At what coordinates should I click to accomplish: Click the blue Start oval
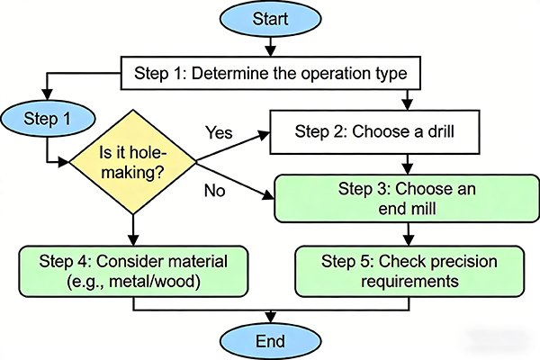point(271,19)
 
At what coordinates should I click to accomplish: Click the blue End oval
point(270,341)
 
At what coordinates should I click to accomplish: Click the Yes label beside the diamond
point(219,133)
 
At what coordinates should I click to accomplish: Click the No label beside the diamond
point(213,192)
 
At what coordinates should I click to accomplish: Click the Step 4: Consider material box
point(133,270)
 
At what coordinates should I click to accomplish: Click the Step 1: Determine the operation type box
point(270,70)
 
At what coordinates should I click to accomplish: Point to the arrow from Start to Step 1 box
point(271,46)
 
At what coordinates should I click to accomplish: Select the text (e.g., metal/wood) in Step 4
point(133,280)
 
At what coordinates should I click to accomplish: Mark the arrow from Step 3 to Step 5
point(409,233)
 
